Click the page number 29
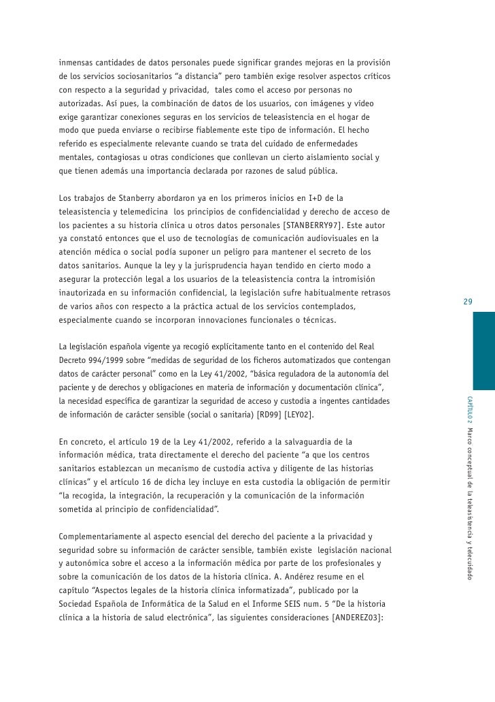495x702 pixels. click(x=468, y=302)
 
